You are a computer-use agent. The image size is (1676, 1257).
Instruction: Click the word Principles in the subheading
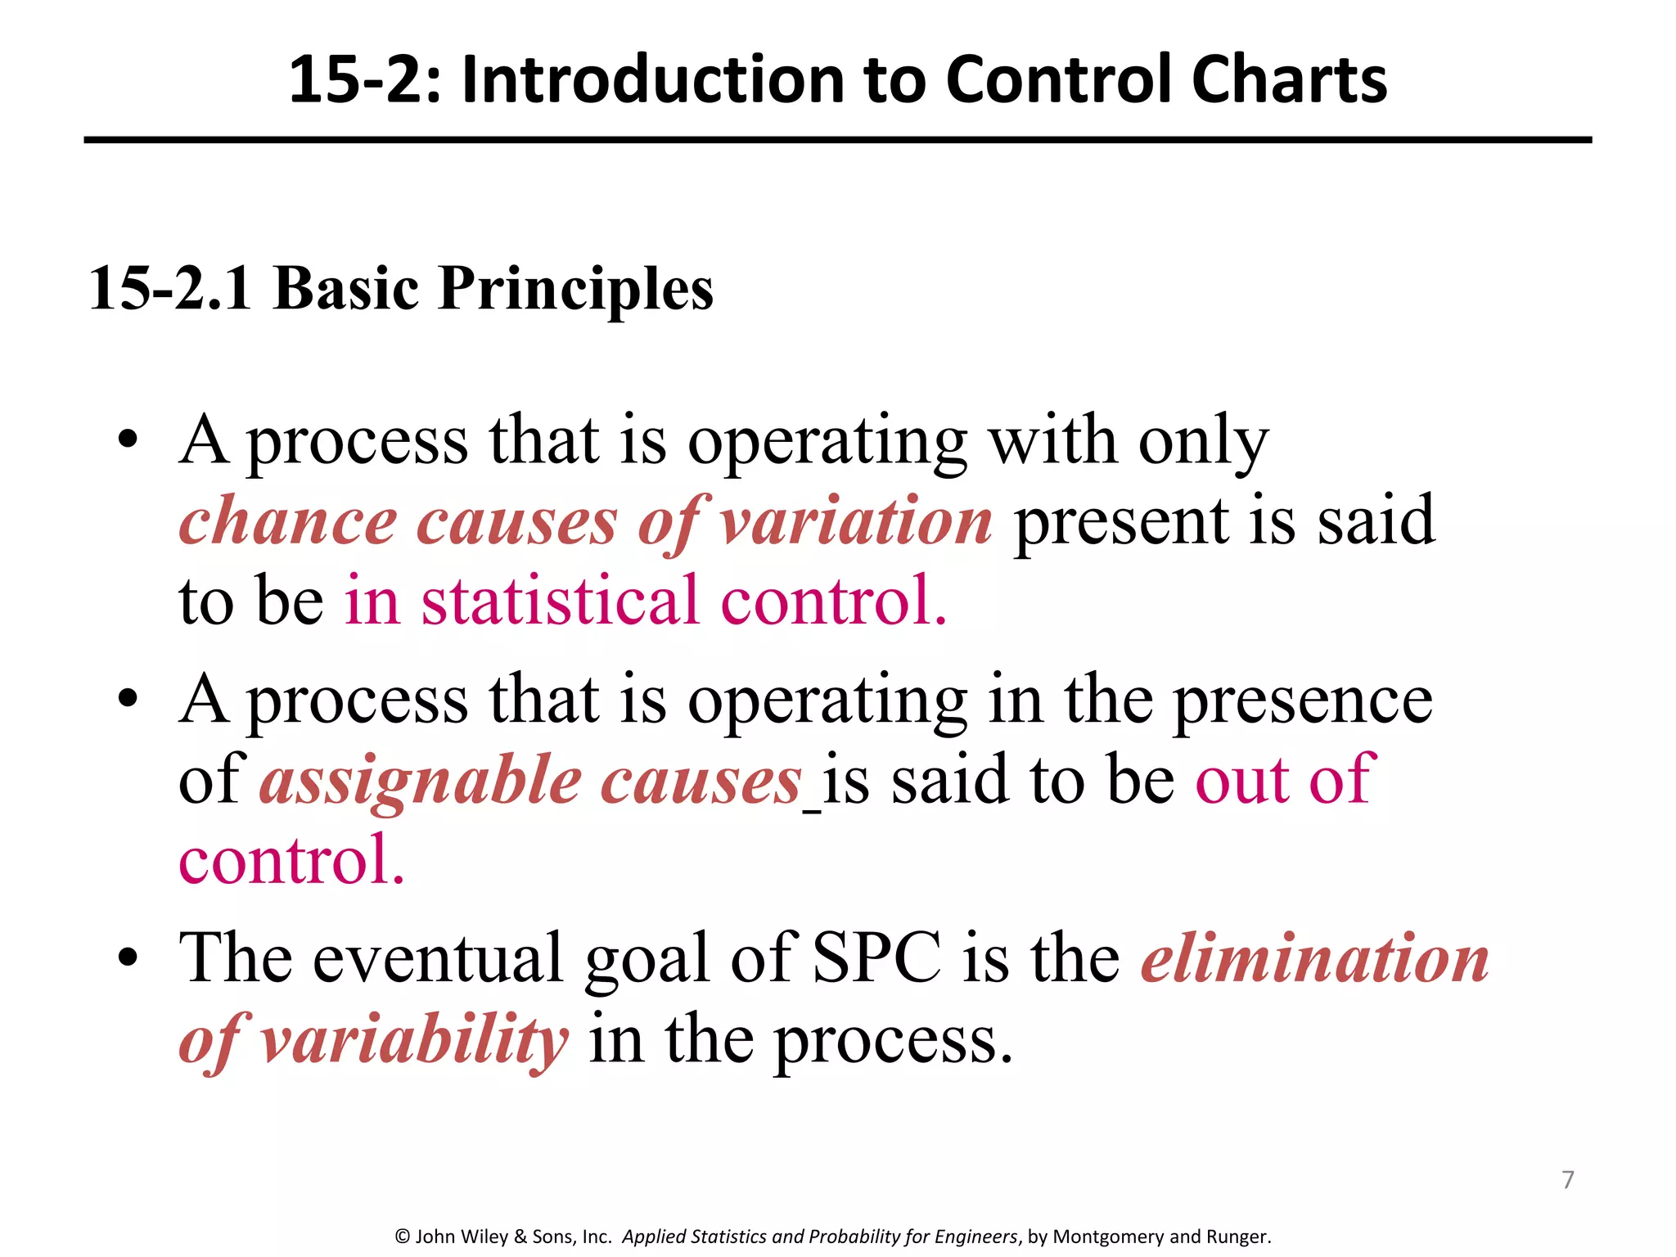click(x=575, y=290)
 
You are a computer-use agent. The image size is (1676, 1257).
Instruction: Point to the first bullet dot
click(x=128, y=440)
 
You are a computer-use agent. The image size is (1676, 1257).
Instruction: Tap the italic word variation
click(x=857, y=521)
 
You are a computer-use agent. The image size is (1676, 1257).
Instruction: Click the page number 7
click(x=1568, y=1179)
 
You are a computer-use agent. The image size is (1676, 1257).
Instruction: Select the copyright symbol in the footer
click(x=403, y=1237)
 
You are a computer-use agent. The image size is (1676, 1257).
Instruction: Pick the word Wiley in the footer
click(x=485, y=1237)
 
